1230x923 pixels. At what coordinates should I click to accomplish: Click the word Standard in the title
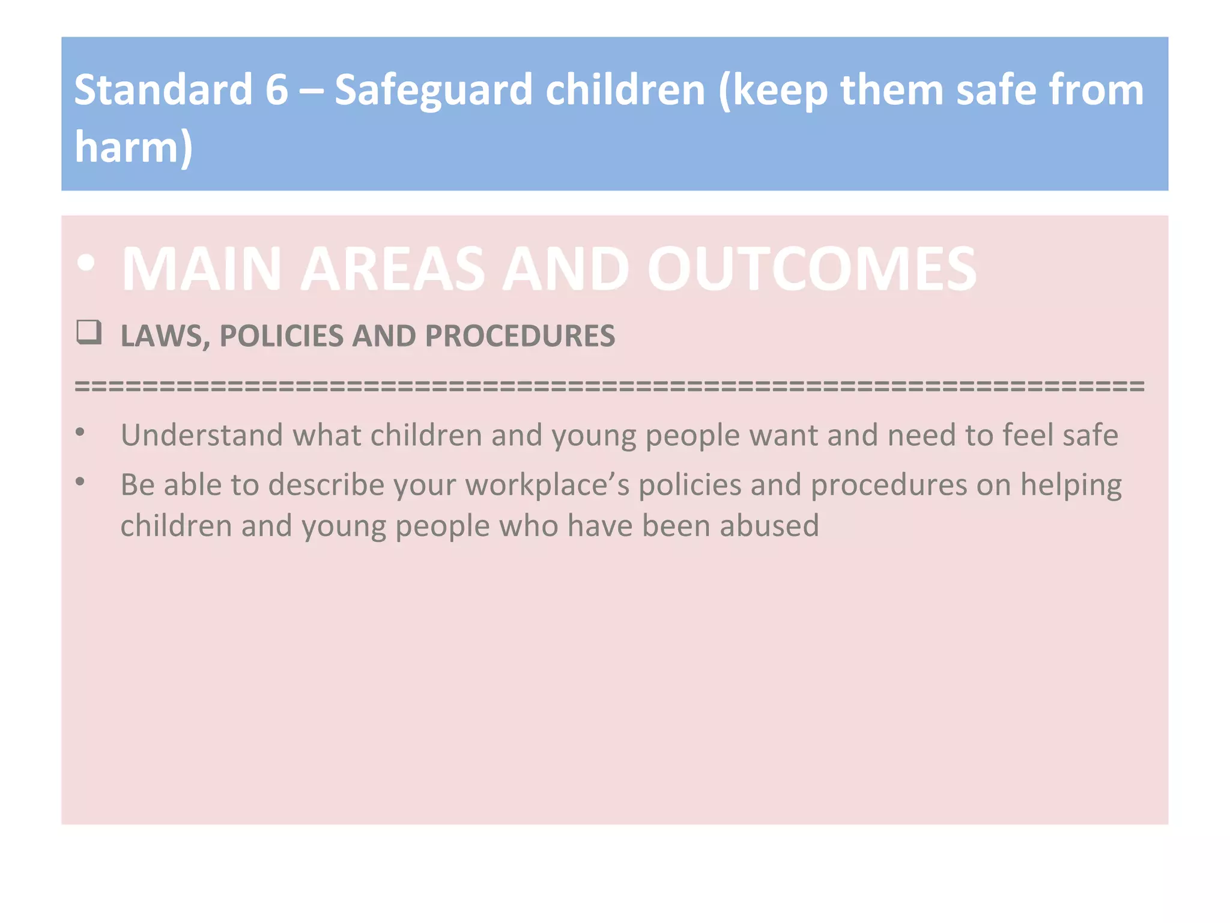[163, 90]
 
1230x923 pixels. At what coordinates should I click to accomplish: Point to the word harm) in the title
[133, 147]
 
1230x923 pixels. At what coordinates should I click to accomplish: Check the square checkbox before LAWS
[88, 332]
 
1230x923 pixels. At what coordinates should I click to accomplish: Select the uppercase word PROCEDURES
[520, 336]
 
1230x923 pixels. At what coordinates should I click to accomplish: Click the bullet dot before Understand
[80, 431]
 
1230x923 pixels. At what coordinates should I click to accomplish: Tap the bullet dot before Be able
[80, 481]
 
